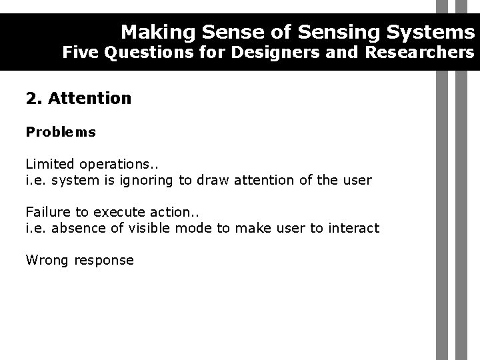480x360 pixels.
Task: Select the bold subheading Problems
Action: click(61, 132)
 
